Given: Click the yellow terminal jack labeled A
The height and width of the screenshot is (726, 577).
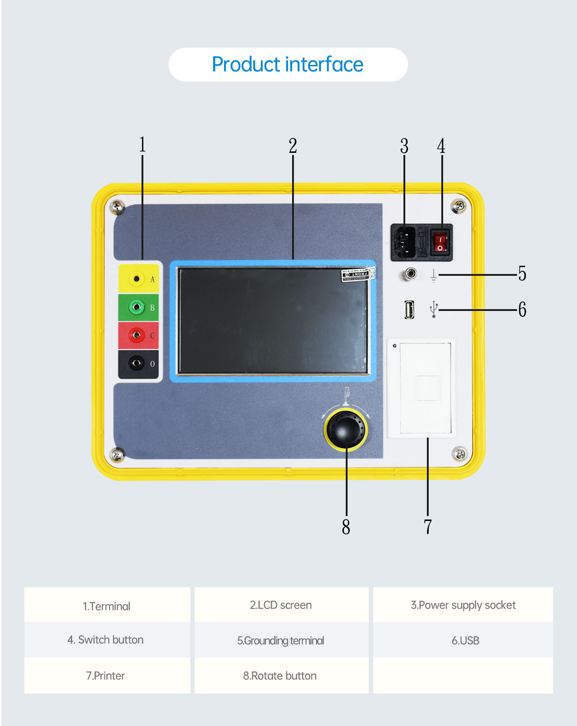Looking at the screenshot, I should point(137,279).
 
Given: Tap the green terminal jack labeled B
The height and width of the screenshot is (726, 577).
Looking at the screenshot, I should point(137,307).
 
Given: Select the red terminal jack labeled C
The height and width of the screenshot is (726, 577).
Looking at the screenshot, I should point(137,335).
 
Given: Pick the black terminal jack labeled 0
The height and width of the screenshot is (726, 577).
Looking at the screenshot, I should point(137,363).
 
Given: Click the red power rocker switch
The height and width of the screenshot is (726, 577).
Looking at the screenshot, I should point(440,242).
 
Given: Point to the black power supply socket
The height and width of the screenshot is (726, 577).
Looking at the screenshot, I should point(404,242).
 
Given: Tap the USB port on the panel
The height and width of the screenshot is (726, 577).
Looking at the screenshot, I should point(409,310).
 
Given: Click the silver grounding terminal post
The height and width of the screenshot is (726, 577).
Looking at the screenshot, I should point(410,274).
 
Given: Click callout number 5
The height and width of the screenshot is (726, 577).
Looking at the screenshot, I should point(522,274).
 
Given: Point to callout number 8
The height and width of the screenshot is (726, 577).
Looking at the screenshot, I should point(346,526).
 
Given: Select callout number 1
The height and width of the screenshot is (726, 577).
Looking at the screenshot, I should point(142,145).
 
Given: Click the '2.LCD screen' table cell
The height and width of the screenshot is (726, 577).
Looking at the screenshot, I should point(281,605).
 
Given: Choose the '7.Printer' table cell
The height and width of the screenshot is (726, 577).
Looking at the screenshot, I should point(105,676).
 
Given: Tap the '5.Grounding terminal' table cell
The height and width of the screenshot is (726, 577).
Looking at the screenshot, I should point(281,640).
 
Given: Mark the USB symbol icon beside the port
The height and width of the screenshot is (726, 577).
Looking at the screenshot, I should point(434,309).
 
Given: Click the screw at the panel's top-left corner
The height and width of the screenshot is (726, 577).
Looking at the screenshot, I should point(118,206).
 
